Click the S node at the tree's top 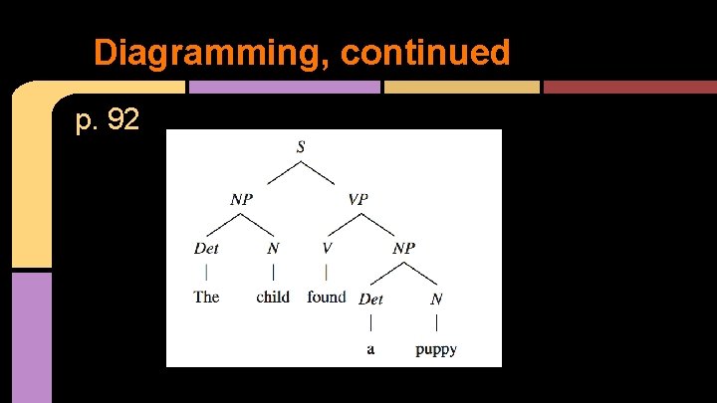pyautogui.click(x=301, y=147)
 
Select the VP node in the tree pyautogui.click(x=358, y=199)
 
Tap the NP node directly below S pyautogui.click(x=242, y=199)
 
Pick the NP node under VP pyautogui.click(x=403, y=249)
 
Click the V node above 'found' pyautogui.click(x=327, y=248)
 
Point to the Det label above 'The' pyautogui.click(x=206, y=248)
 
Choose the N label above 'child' pyautogui.click(x=273, y=248)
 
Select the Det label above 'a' pyautogui.click(x=370, y=299)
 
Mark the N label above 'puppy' pyautogui.click(x=436, y=299)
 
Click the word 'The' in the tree pyautogui.click(x=206, y=297)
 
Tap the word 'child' pyautogui.click(x=273, y=297)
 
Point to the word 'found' pyautogui.click(x=327, y=297)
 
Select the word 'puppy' pyautogui.click(x=436, y=350)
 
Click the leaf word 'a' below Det pyautogui.click(x=370, y=350)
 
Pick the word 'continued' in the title pyautogui.click(x=425, y=52)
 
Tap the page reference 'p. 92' pyautogui.click(x=108, y=121)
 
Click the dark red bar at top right pyautogui.click(x=626, y=87)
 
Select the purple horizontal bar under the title pyautogui.click(x=284, y=87)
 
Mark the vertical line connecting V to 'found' pyautogui.click(x=327, y=271)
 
